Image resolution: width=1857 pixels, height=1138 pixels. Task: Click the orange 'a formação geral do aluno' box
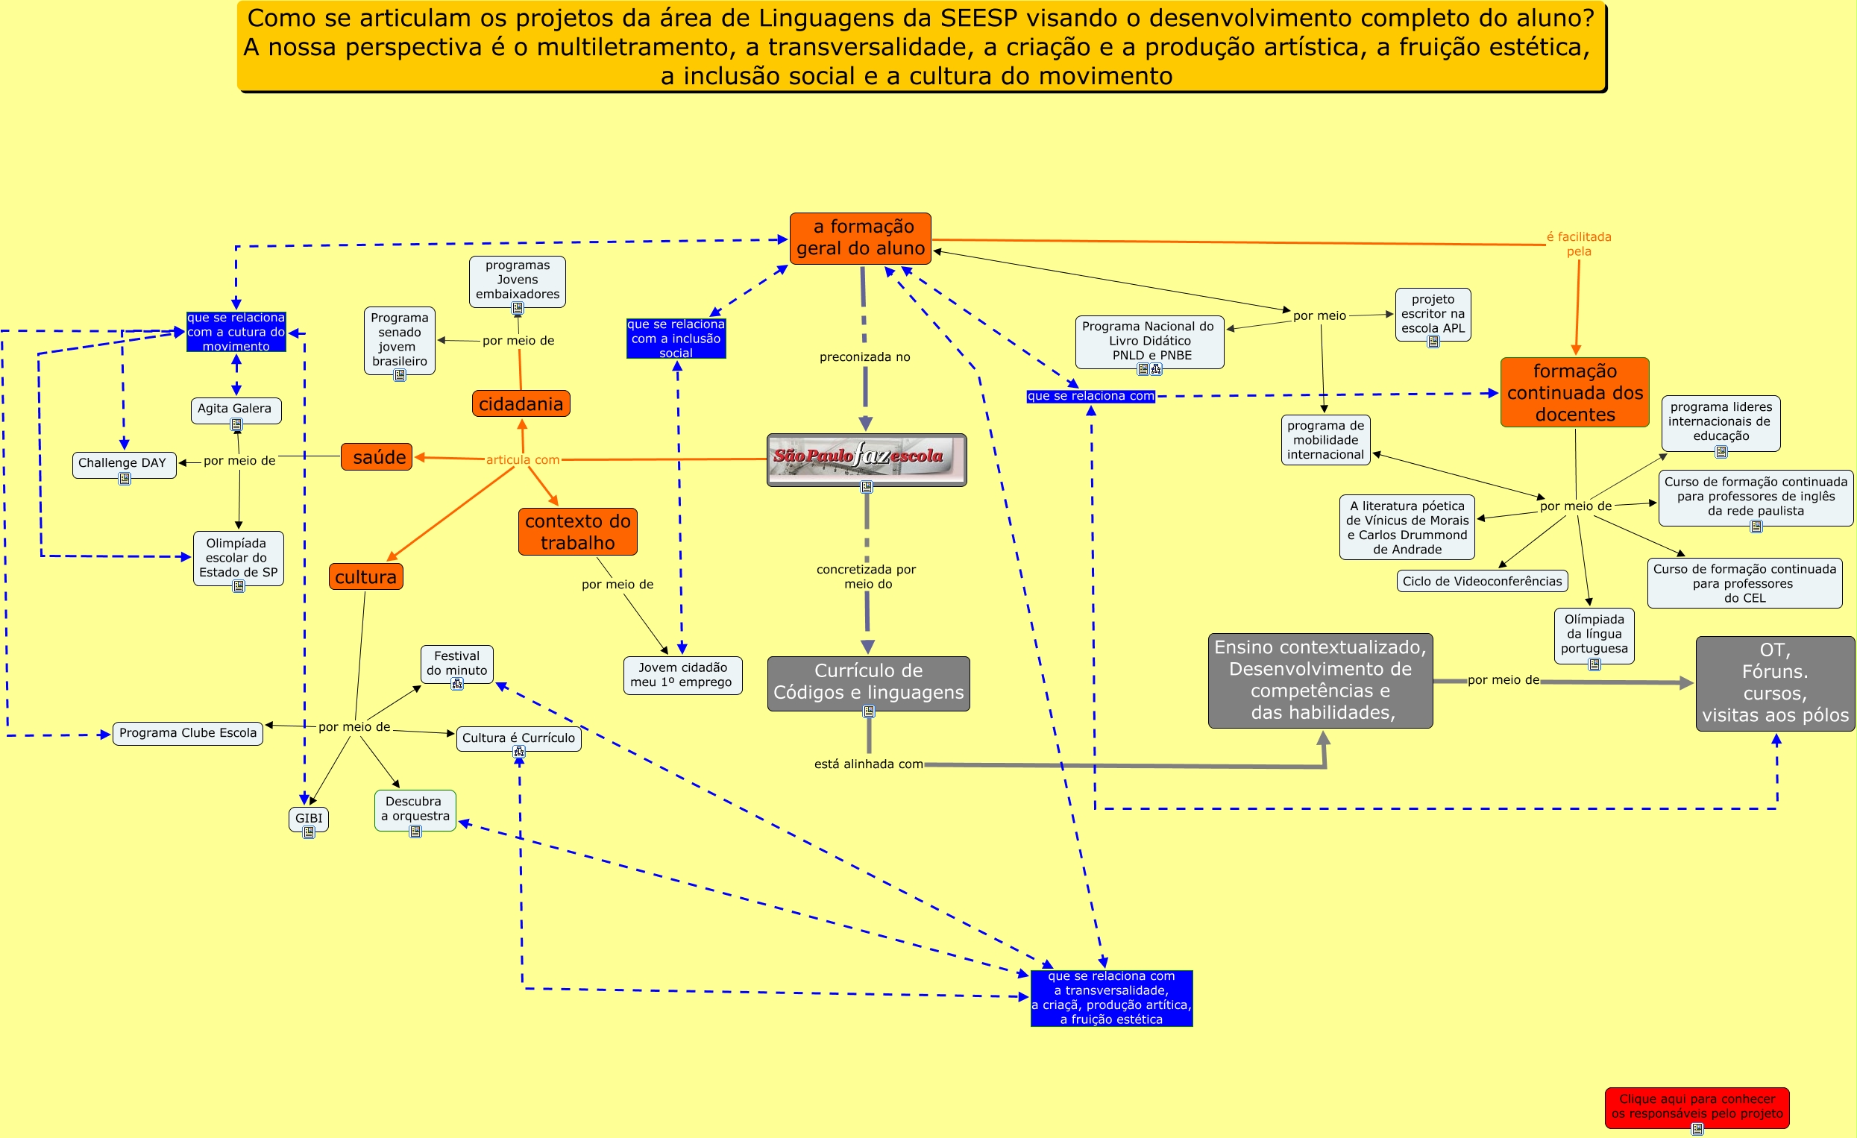tap(860, 238)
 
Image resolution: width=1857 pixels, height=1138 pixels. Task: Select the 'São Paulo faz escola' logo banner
tap(866, 458)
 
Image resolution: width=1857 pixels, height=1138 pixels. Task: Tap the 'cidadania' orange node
tap(521, 404)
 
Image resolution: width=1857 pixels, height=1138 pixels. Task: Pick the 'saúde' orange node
tap(377, 457)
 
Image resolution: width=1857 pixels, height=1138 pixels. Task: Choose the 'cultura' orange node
tap(365, 577)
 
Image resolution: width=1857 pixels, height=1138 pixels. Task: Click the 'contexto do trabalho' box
tap(577, 532)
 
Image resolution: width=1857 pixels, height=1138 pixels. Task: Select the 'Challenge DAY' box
tap(124, 464)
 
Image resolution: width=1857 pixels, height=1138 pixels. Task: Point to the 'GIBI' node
tap(308, 819)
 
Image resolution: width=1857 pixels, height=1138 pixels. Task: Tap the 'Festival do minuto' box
tap(456, 663)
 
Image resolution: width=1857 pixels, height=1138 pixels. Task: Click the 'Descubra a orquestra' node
tap(415, 808)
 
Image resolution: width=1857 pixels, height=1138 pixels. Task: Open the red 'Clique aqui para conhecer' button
tap(1697, 1107)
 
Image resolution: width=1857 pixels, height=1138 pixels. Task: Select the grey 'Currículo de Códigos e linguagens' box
tap(868, 682)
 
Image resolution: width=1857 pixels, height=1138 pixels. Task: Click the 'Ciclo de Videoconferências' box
tap(1482, 581)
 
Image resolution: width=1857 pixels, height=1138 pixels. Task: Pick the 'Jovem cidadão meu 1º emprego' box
tap(682, 675)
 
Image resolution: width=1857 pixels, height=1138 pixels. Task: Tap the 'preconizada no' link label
tap(864, 357)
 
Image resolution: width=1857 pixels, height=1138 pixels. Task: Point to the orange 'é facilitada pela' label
tap(1579, 244)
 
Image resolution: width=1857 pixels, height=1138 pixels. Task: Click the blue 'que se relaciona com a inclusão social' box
tap(676, 339)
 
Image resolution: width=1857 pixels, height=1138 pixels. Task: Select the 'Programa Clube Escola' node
tap(188, 733)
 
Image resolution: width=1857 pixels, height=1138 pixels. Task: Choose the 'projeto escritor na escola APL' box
tap(1433, 313)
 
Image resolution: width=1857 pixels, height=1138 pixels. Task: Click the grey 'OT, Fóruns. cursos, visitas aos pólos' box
tap(1775, 683)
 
